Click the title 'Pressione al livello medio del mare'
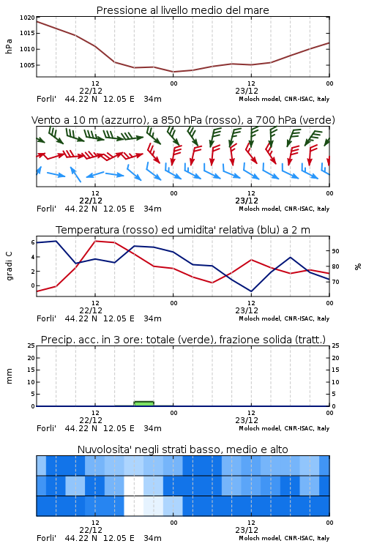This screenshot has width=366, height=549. click(x=182, y=10)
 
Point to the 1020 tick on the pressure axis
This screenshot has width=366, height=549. click(x=27, y=18)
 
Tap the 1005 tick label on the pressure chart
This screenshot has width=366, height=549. click(x=27, y=65)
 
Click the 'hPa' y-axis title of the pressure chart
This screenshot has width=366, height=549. click(x=9, y=46)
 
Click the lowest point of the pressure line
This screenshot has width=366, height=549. click(x=173, y=72)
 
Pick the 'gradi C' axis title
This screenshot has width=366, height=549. click(x=9, y=266)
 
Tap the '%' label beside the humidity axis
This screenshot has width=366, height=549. click(x=358, y=266)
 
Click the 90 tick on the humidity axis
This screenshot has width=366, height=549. click(x=335, y=251)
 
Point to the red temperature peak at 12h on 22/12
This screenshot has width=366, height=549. click(x=95, y=241)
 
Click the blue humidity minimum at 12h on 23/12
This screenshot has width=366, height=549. click(x=251, y=291)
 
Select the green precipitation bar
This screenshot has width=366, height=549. click(x=144, y=403)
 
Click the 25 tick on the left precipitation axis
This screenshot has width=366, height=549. click(x=31, y=346)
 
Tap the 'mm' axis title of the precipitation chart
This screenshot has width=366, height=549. click(x=9, y=376)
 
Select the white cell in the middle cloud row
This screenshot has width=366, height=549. click(x=134, y=485)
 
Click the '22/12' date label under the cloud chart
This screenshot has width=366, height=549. click(x=91, y=530)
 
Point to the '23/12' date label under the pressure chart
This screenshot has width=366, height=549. click(x=247, y=91)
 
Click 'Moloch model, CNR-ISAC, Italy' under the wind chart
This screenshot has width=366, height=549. click(x=284, y=209)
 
